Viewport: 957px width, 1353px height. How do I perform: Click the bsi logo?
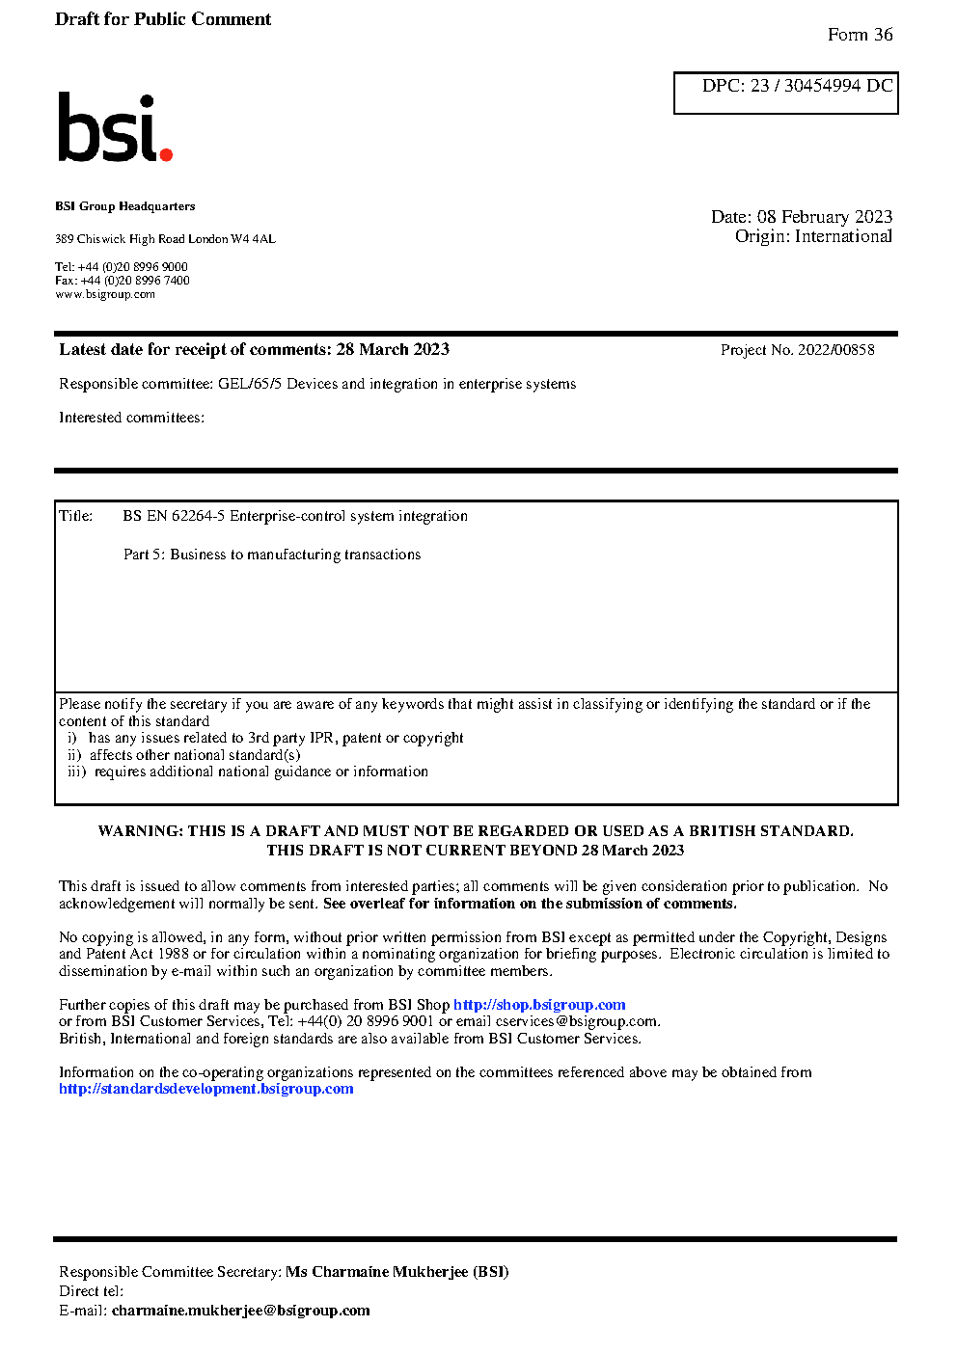point(114,127)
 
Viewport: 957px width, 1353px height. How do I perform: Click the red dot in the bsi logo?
point(166,153)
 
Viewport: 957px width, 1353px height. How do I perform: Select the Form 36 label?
point(860,35)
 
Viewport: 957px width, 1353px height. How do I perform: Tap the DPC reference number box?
point(786,93)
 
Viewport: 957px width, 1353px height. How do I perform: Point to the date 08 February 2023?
point(825,217)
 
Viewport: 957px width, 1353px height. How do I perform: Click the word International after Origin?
point(843,236)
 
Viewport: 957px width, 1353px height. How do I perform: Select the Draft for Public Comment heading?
point(163,19)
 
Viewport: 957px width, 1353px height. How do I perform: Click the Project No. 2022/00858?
point(797,350)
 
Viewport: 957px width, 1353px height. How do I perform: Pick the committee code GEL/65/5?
point(250,384)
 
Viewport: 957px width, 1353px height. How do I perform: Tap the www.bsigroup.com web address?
point(105,294)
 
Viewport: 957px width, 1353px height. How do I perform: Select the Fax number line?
point(123,281)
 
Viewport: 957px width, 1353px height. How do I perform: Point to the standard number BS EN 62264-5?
point(174,516)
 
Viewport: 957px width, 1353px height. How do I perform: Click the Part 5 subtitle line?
point(272,555)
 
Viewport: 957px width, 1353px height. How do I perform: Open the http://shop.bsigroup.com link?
point(539,1005)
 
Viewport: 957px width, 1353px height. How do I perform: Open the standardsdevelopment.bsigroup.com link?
point(206,1089)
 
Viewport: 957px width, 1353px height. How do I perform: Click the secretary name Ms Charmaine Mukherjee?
point(396,1272)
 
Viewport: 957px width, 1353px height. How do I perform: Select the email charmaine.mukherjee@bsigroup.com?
point(241,1311)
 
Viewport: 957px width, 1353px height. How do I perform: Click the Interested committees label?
point(131,418)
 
